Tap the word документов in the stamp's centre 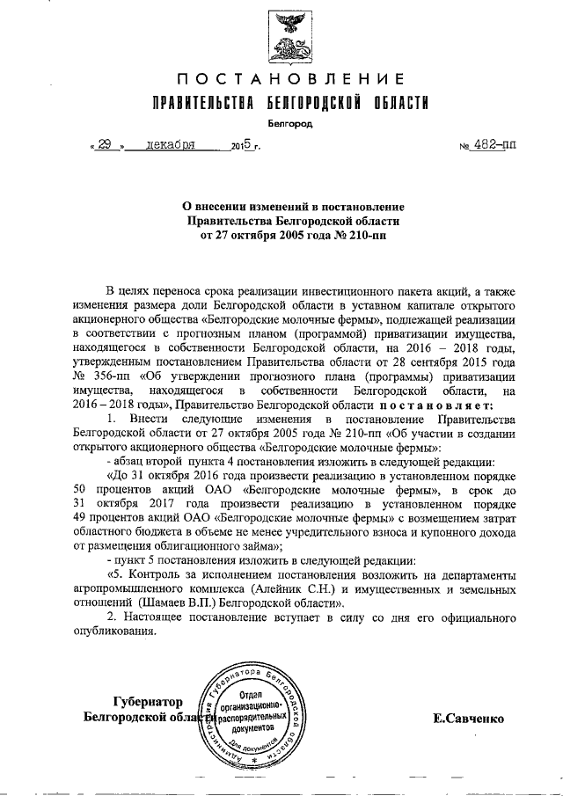tap(253, 729)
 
